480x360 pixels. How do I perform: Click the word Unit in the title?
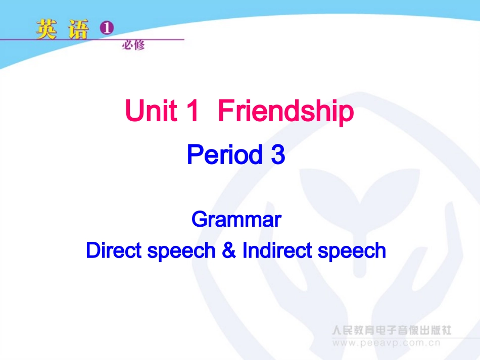point(151,111)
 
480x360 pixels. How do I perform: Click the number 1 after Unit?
point(193,111)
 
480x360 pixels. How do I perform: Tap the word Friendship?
point(285,112)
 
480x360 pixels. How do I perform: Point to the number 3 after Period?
point(278,155)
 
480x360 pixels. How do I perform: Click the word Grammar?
point(236,220)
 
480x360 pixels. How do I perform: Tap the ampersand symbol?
point(229,250)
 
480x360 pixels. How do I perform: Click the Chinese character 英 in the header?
point(47,30)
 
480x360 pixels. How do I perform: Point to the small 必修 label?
point(133,45)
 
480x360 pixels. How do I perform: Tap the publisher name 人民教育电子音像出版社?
point(391,331)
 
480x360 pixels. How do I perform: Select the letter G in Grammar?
point(198,220)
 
